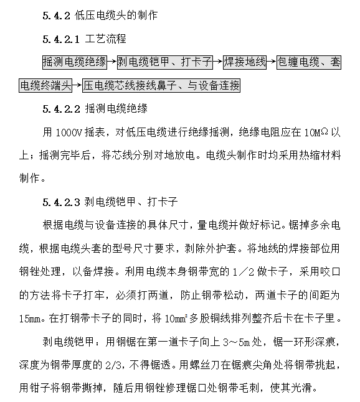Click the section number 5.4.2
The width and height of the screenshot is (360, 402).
click(57, 16)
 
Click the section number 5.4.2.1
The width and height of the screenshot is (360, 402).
click(62, 39)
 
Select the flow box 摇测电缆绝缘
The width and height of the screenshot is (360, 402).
click(74, 62)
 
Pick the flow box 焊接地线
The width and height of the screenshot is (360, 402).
click(245, 62)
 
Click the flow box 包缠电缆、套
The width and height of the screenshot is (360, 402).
click(309, 62)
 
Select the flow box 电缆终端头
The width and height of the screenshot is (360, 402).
click(45, 85)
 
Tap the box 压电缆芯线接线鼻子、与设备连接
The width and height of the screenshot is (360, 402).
click(161, 85)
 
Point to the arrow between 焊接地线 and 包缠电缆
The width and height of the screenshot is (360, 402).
click(272, 62)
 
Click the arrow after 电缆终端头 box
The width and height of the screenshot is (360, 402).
click(77, 85)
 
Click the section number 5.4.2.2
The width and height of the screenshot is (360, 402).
click(62, 109)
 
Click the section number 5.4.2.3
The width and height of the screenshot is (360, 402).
click(62, 202)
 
